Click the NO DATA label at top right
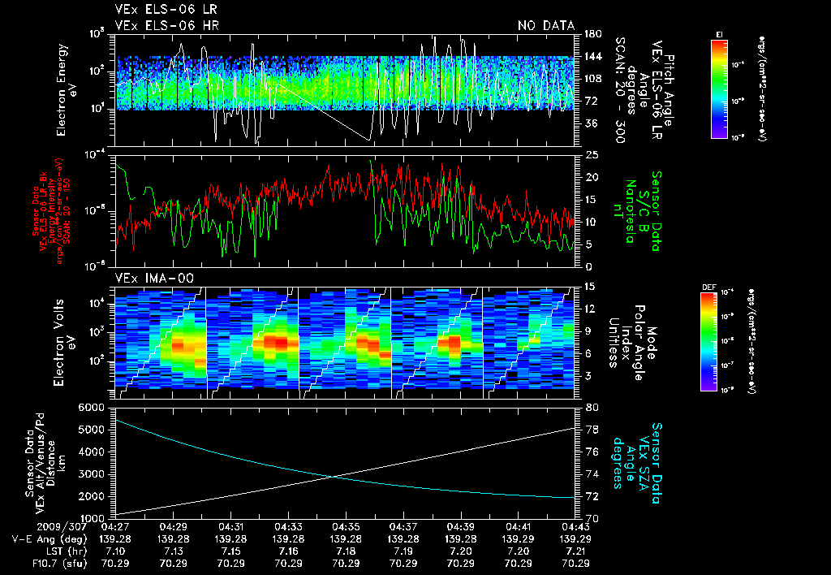click(x=545, y=26)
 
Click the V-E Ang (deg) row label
click(x=45, y=539)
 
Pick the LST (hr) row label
click(x=57, y=551)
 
